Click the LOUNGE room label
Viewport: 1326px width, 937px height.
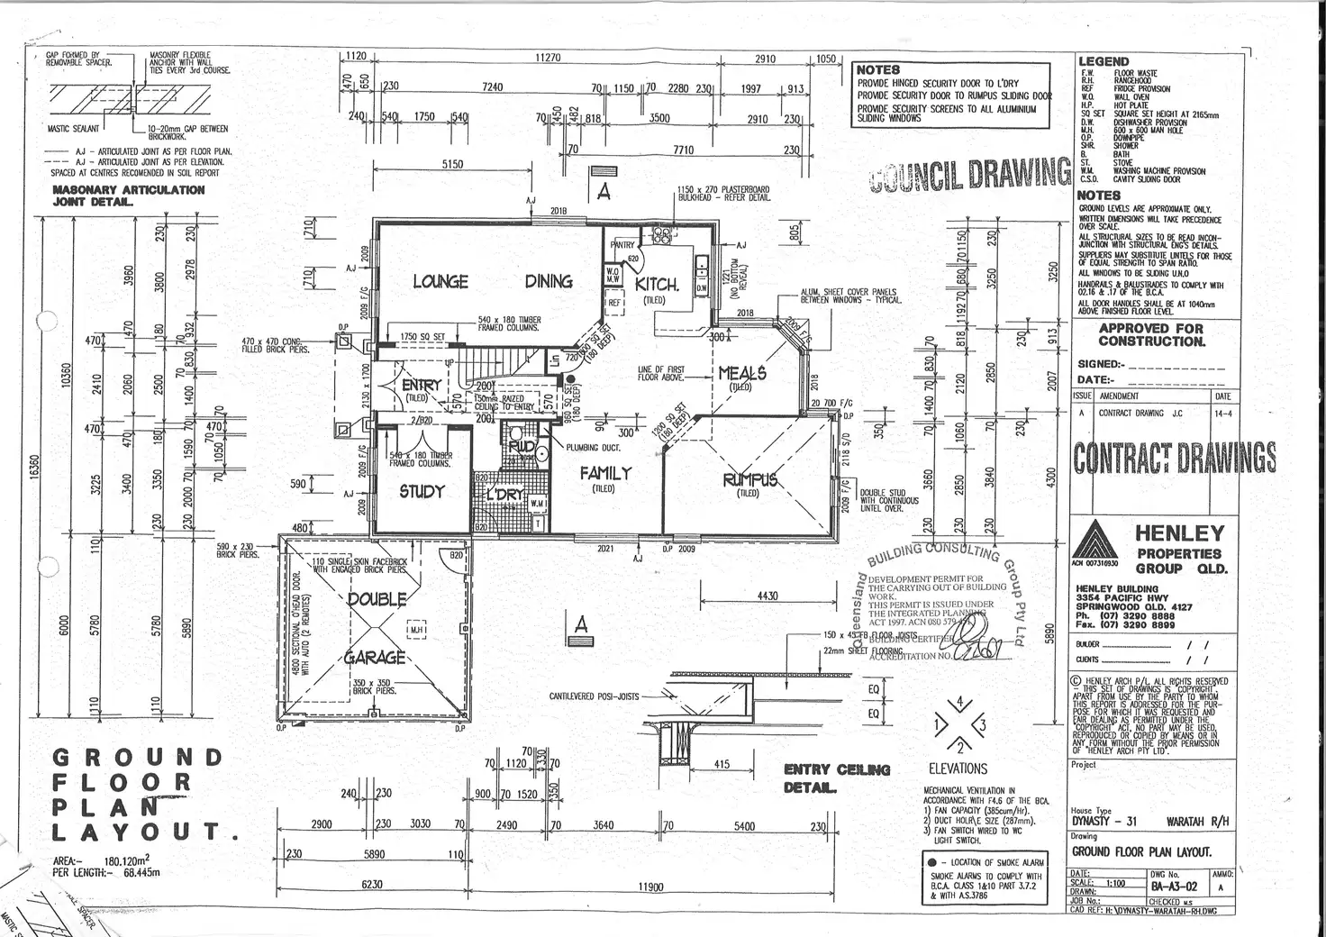tap(440, 282)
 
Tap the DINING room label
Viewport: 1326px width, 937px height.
tap(549, 281)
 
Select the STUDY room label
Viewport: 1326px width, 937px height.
tap(422, 492)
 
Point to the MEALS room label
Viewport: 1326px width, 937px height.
tap(741, 373)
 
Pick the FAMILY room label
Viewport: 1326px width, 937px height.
tap(604, 473)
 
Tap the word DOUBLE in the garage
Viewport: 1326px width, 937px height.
tap(377, 599)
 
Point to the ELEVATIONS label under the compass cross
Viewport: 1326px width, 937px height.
tap(958, 769)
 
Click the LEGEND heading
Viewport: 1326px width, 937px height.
tap(1103, 62)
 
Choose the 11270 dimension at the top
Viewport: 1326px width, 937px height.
tap(548, 57)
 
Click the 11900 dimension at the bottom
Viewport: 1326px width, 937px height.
tap(650, 887)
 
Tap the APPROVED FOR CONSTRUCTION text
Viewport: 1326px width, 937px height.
tap(1151, 335)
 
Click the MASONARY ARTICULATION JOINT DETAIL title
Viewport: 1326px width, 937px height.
tap(128, 196)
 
